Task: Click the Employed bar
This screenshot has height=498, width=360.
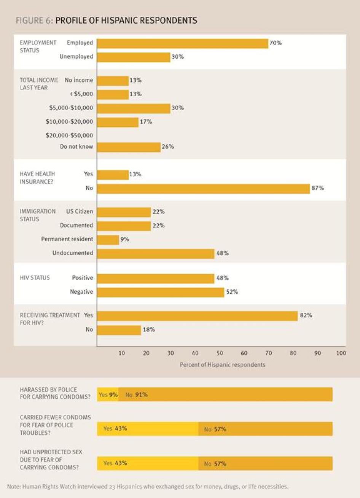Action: [x=183, y=43]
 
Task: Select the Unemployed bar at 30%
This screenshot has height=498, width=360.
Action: [x=134, y=57]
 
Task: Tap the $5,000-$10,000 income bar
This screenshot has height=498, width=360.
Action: [x=134, y=108]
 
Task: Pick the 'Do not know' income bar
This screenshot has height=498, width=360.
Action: [x=129, y=147]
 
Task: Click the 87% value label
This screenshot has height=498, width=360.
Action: [x=318, y=188]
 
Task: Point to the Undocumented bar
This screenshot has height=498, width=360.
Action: [x=156, y=253]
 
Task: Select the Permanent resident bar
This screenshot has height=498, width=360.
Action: [x=108, y=240]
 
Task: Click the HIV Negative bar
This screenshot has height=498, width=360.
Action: [x=161, y=292]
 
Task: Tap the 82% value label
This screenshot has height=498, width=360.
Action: [x=306, y=315]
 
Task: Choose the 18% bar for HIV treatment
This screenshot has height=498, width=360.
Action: [x=119, y=330]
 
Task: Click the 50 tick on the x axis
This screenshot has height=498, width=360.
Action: [x=220, y=353]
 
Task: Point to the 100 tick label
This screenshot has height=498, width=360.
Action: [x=341, y=353]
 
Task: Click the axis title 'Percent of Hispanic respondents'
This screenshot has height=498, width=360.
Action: [x=222, y=365]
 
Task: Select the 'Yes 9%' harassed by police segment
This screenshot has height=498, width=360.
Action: [x=108, y=395]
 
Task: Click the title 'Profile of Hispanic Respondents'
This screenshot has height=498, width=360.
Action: [x=126, y=21]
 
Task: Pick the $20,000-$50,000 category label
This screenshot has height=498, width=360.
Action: [x=69, y=135]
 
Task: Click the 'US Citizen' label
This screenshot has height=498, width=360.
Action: [x=80, y=212]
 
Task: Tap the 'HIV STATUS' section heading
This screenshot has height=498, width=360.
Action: [x=35, y=278]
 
